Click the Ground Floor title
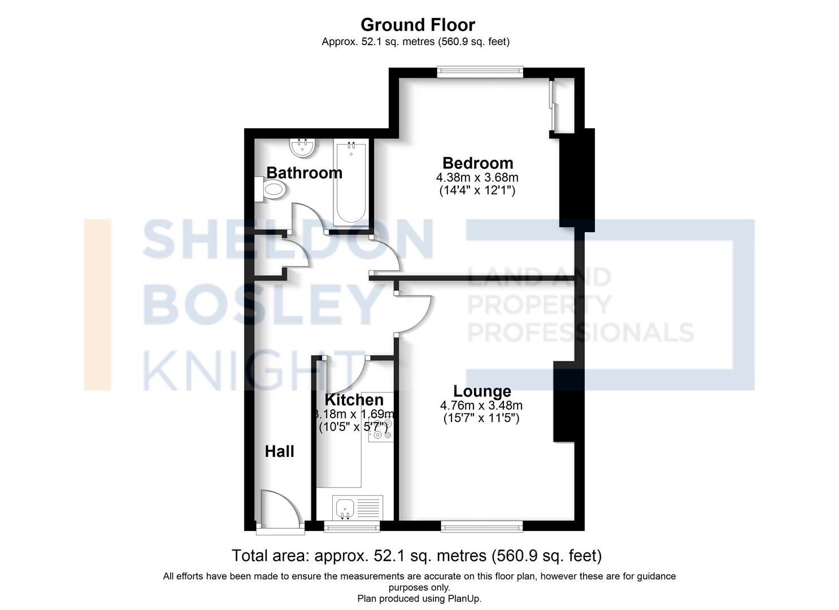tap(418, 25)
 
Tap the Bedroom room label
tap(477, 163)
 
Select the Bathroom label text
tap(304, 173)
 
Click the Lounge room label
tap(482, 391)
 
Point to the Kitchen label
tap(354, 400)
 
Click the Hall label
tap(280, 451)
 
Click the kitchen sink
tap(344, 508)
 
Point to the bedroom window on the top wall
tap(480, 72)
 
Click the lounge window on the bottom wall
tap(481, 528)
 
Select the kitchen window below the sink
tap(351, 528)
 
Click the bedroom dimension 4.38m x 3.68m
tap(477, 178)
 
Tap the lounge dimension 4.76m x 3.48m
tap(481, 406)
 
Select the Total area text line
tap(416, 556)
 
